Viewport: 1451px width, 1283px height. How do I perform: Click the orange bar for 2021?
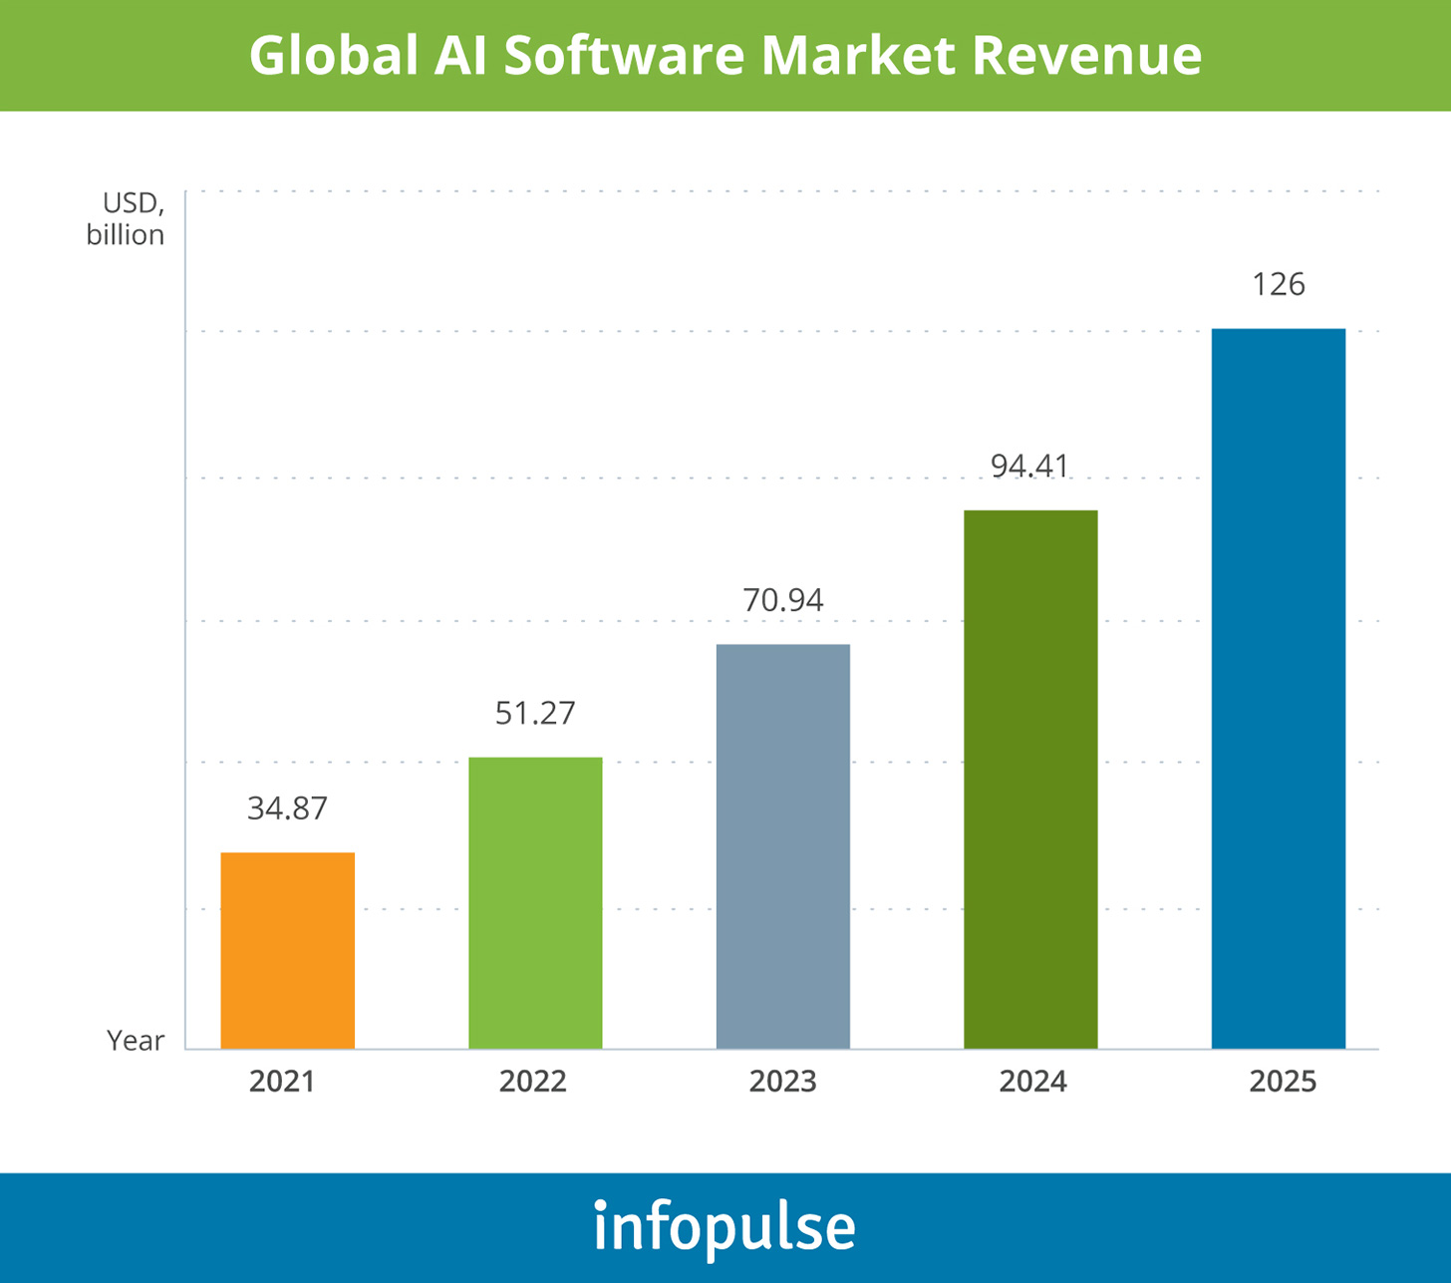[287, 950]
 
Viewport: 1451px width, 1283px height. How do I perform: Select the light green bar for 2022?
[535, 902]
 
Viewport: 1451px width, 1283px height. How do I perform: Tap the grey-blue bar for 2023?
[783, 846]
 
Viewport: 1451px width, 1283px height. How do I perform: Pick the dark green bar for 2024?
[1030, 779]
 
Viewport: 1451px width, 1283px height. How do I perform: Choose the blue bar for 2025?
[1279, 688]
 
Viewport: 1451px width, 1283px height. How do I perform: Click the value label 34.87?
[287, 807]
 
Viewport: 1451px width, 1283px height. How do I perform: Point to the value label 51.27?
[535, 713]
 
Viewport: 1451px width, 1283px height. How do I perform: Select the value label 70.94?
[783, 600]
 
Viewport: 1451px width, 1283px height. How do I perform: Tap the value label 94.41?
[1030, 466]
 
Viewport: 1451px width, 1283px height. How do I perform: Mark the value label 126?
[1279, 285]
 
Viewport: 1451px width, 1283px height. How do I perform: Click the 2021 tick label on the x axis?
[282, 1082]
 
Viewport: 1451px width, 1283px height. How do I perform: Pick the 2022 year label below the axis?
[533, 1082]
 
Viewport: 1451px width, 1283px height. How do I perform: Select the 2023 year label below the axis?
[783, 1082]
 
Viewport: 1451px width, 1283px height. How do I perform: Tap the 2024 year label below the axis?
[1033, 1082]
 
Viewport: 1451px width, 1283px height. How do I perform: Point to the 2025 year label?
[1284, 1082]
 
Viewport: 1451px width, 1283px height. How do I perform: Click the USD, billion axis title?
[127, 219]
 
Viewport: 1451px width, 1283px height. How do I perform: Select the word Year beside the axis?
[136, 1041]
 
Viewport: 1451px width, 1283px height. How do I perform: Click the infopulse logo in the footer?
[725, 1226]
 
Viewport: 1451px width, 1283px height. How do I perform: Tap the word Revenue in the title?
[1086, 56]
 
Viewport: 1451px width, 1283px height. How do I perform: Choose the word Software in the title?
[624, 56]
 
